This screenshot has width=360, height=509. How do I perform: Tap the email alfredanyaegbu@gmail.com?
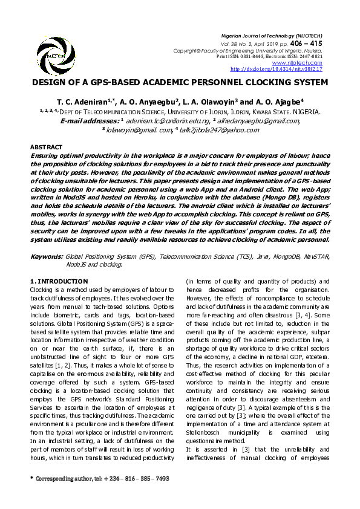pos(261,120)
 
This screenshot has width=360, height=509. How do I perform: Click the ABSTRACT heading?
pos(46,147)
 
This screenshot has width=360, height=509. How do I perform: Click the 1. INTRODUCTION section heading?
pos(59,282)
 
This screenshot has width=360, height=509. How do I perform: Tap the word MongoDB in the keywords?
pos(277,257)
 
